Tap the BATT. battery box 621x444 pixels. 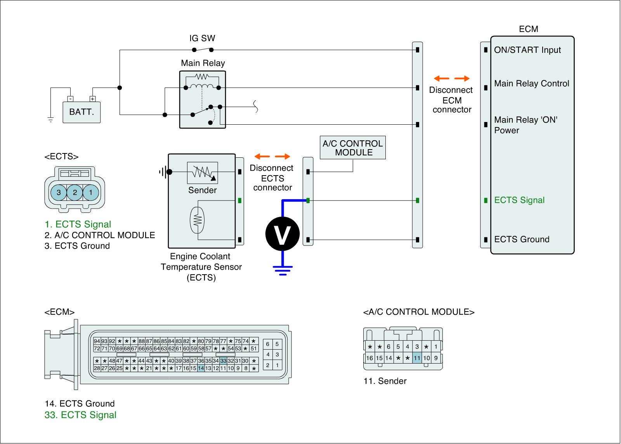click(82, 112)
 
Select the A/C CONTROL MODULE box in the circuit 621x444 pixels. click(352, 148)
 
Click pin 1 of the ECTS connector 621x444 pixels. click(91, 192)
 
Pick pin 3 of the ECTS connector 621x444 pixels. click(59, 192)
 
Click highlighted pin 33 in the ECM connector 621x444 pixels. click(223, 361)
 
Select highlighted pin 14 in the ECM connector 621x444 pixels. click(201, 368)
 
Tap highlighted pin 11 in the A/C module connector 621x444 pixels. click(417, 358)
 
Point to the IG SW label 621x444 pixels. click(202, 38)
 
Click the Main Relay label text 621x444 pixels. click(203, 63)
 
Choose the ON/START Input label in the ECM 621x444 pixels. click(527, 50)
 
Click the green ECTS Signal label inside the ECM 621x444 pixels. click(519, 200)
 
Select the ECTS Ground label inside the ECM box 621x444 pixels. click(521, 239)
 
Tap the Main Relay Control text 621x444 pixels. click(531, 84)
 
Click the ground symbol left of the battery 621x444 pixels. click(50, 119)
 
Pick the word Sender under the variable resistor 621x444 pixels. click(202, 190)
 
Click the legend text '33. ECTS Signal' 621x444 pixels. click(80, 415)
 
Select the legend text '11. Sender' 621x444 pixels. click(385, 381)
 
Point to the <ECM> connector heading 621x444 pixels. click(59, 312)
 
